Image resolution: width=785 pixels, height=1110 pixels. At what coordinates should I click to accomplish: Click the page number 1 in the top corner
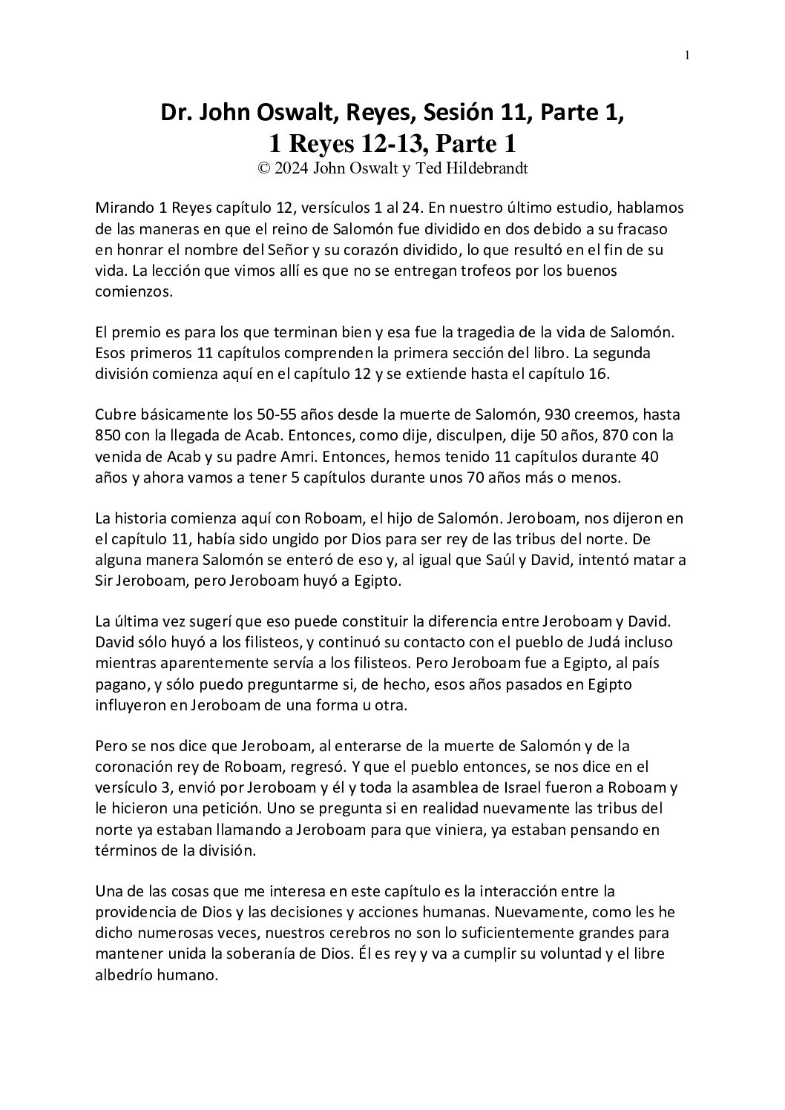coord(688,54)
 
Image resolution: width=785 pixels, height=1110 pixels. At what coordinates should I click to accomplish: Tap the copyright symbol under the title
coord(263,168)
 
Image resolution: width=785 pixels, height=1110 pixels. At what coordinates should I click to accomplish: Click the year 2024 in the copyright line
coord(292,168)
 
